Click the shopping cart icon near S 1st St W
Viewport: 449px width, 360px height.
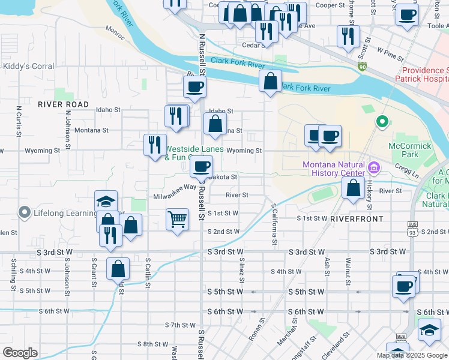[x=177, y=219]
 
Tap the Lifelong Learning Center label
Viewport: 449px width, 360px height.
[x=66, y=212]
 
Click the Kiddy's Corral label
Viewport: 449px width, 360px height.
[x=29, y=67]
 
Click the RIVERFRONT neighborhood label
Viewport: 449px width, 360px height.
[x=357, y=219]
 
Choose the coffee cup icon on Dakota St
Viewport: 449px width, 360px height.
[x=202, y=166]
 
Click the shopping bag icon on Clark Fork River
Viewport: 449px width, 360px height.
[x=271, y=80]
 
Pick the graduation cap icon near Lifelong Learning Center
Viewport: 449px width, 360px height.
[x=106, y=200]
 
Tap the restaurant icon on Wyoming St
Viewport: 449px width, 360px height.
[x=155, y=144]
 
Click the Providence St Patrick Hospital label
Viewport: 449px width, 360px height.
[x=423, y=74]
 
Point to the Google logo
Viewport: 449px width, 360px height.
[x=20, y=352]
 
